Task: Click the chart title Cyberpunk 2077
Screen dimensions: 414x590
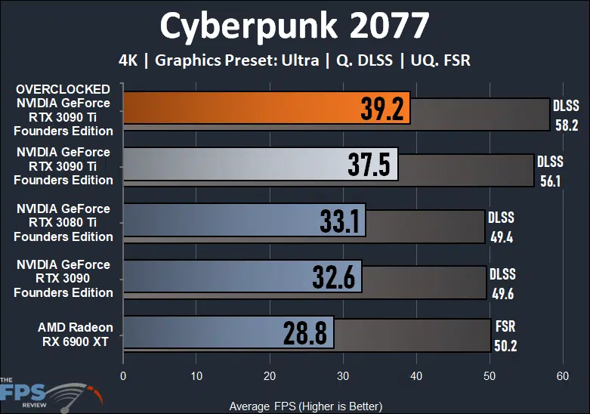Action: pyautogui.click(x=295, y=26)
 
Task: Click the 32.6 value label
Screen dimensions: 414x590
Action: pyautogui.click(x=334, y=277)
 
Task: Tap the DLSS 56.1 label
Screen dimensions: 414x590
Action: pyautogui.click(x=549, y=171)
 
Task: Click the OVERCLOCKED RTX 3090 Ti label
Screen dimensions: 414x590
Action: pyautogui.click(x=64, y=110)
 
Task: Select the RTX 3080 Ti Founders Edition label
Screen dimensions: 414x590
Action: pyautogui.click(x=64, y=222)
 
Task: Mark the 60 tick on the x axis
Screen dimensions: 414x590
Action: pyautogui.click(x=561, y=377)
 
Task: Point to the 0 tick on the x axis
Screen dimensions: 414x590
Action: pyautogui.click(x=123, y=377)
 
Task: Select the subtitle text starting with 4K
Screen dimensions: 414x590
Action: pyautogui.click(x=295, y=60)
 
